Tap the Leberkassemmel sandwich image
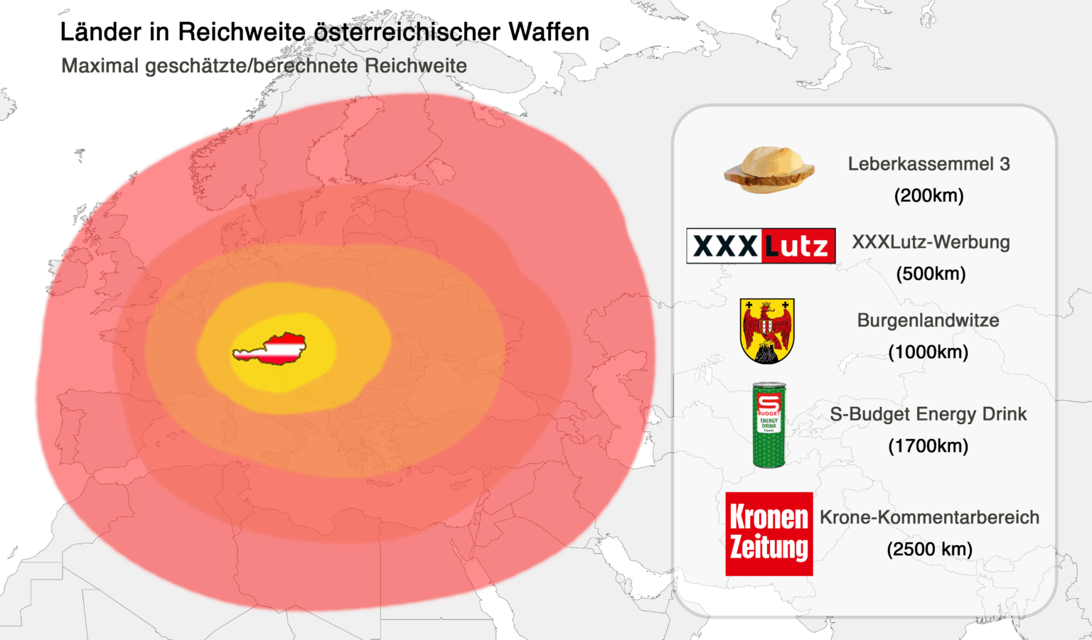click(769, 170)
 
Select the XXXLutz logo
click(761, 246)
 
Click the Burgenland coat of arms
click(767, 330)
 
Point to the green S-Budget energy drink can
click(769, 425)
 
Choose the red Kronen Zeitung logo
click(769, 533)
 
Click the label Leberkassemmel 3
click(928, 164)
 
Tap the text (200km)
click(928, 195)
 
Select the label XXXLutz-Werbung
click(931, 242)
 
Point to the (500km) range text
click(931, 273)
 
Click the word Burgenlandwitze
click(928, 320)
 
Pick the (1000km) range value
click(928, 352)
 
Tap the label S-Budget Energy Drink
click(928, 414)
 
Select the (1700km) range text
click(928, 446)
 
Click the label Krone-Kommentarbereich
click(929, 517)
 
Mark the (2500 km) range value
click(929, 549)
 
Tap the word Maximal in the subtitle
click(100, 66)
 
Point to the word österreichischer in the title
click(407, 32)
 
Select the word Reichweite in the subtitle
click(416, 66)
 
